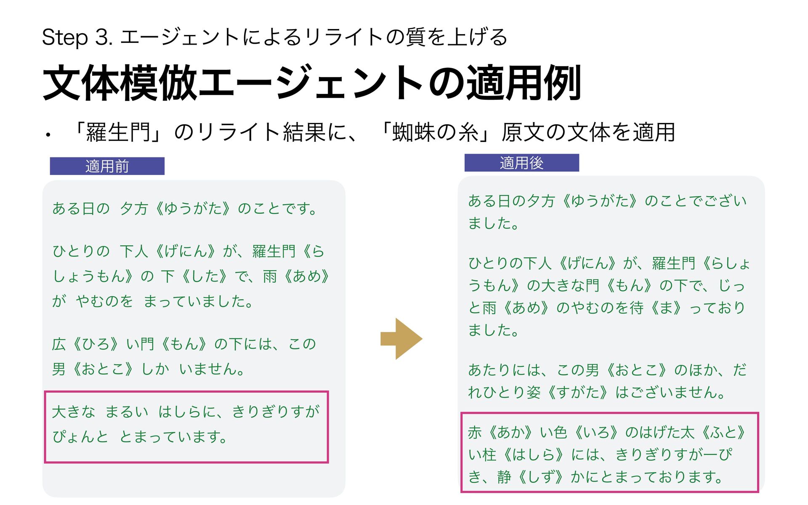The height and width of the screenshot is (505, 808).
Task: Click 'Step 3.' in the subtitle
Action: tap(77, 37)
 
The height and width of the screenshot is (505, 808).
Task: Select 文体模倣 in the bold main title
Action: tap(120, 83)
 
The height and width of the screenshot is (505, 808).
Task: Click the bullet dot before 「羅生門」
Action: tap(48, 136)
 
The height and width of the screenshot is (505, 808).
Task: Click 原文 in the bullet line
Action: tap(522, 133)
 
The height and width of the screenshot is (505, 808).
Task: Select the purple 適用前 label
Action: tap(107, 166)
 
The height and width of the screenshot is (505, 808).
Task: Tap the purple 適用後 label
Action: tap(521, 163)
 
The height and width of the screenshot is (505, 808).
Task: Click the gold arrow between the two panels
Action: tap(401, 339)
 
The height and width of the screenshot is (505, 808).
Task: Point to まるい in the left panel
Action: tap(127, 412)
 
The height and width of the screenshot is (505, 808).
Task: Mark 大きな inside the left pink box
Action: tap(74, 412)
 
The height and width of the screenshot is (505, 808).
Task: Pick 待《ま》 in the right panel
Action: tap(658, 308)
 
